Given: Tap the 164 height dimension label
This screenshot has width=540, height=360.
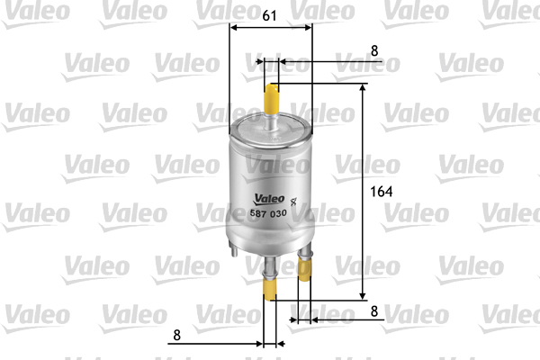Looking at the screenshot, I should point(383,192).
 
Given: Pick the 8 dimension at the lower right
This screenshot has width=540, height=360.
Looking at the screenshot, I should point(373,311).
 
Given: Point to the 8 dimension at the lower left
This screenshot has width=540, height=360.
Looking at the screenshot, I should point(176,335).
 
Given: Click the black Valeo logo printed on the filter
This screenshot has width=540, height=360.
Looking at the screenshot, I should point(267,200).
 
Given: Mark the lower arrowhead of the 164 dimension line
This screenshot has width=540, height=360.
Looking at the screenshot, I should point(364,295).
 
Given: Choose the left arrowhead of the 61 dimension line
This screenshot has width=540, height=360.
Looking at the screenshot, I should point(234,27).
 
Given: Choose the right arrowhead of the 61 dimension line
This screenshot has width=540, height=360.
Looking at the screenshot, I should point(311,27).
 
